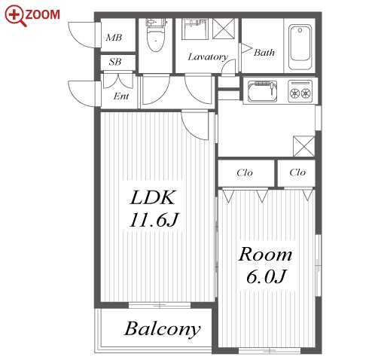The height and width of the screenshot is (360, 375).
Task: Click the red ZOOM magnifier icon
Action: pos(15,16)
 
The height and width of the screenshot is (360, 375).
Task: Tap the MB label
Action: pos(114,38)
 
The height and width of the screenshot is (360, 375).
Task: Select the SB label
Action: pos(115,62)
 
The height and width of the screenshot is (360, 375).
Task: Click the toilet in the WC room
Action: pos(156,35)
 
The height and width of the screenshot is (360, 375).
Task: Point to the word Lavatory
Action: pos(208,57)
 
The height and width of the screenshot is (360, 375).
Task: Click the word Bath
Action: pos(264,53)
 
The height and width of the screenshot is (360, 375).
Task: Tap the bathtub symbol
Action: pos(300,47)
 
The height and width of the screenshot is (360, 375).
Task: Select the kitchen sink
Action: pos(262,91)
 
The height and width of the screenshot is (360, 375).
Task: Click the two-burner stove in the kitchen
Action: pos(300,91)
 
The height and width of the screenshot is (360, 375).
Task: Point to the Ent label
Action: pos(121,96)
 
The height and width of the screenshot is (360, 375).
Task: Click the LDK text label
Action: pos(153,197)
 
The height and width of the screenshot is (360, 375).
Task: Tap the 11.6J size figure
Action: pos(154,220)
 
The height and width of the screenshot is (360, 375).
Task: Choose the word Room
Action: pos(265,255)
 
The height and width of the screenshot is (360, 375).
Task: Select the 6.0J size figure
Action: pos(266,276)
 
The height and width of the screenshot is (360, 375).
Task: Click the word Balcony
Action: pos(163,329)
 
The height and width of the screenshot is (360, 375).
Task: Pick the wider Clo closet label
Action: pos(245,172)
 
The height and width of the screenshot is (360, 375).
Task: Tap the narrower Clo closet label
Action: pos(297,172)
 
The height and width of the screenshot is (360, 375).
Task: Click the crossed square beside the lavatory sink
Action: pos(224,29)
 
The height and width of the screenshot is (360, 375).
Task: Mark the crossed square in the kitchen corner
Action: pos(304,146)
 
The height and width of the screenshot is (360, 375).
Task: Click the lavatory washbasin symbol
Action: pos(195,29)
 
